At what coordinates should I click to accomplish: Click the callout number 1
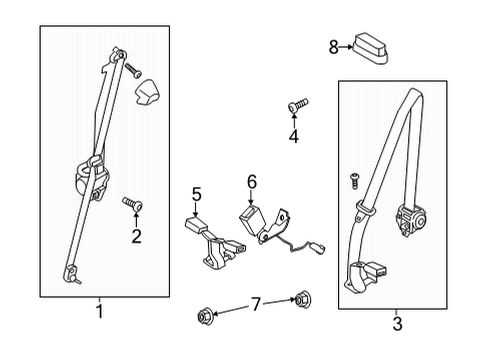(x=98, y=311)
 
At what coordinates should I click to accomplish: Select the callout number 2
(x=137, y=236)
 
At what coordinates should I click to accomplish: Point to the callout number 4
(x=294, y=136)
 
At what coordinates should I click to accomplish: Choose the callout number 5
(x=197, y=194)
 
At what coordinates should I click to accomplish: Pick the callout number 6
(x=251, y=181)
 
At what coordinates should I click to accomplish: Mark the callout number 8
(x=334, y=45)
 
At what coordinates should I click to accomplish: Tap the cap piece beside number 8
(x=369, y=46)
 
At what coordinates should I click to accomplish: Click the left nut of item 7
(x=205, y=318)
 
